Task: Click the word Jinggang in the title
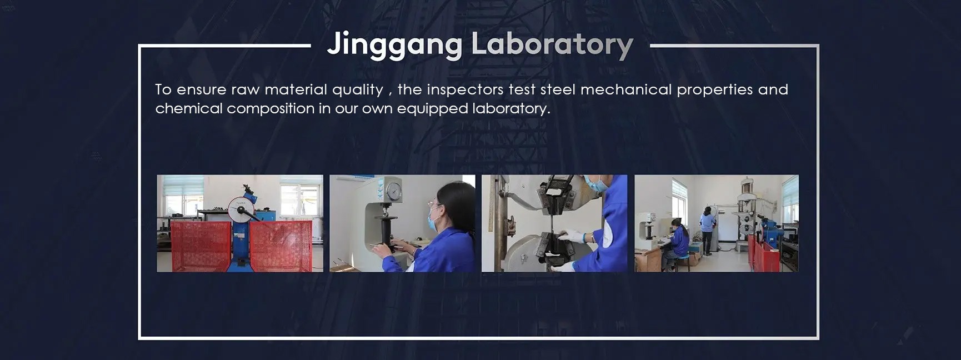(x=394, y=44)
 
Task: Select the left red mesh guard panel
(x=200, y=246)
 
